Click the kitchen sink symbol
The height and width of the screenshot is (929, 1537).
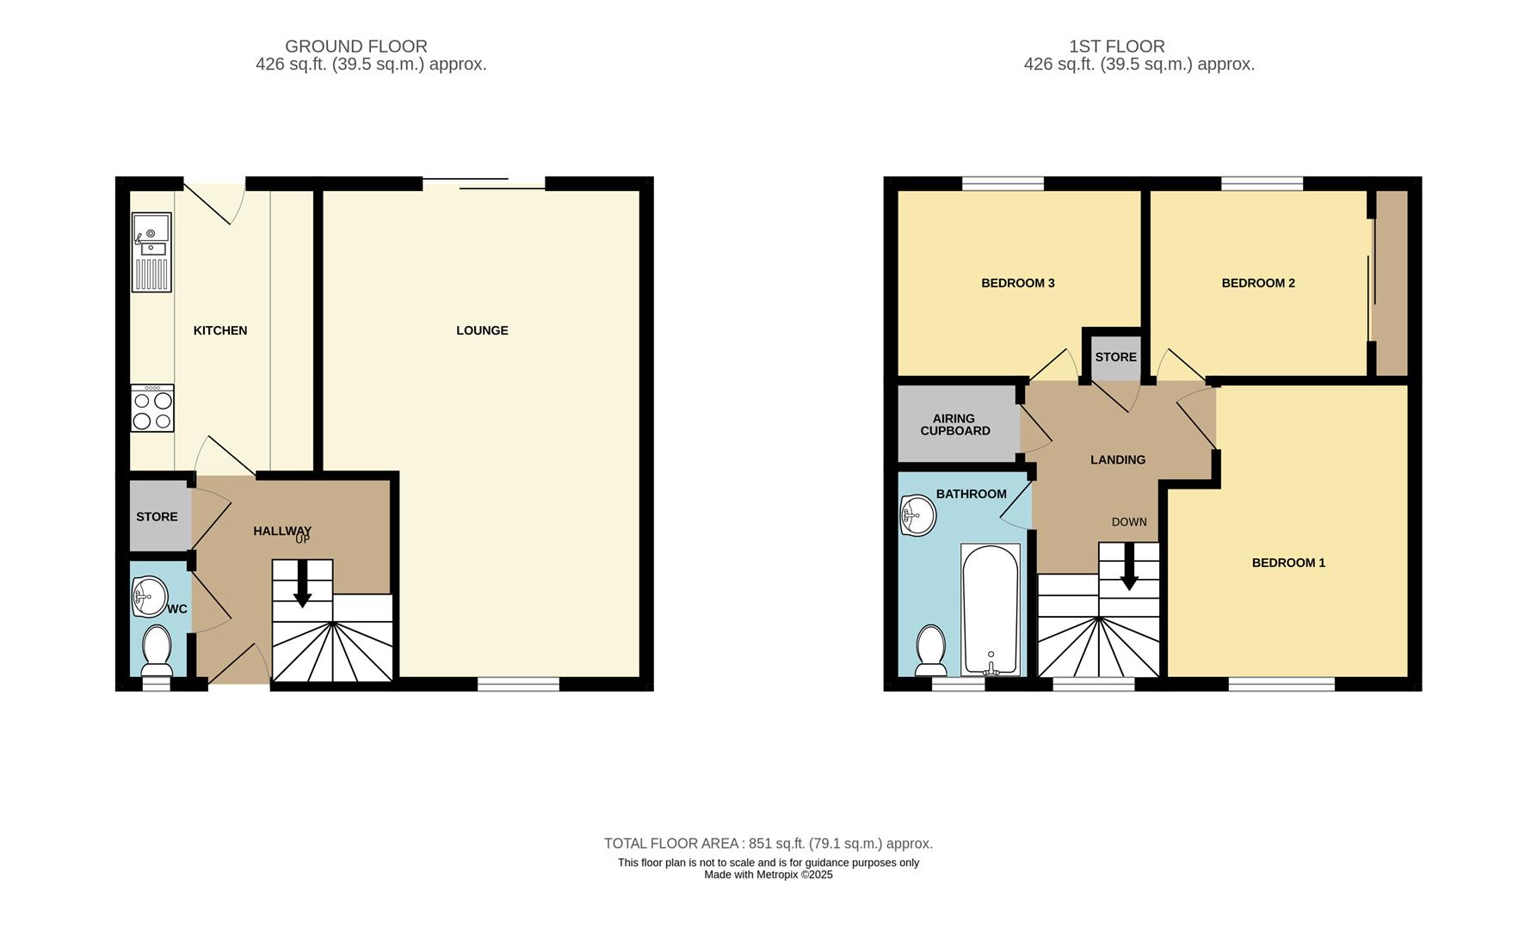tap(151, 252)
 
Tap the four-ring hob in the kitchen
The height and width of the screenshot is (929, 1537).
tap(152, 409)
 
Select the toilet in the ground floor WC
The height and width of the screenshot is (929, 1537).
tap(157, 649)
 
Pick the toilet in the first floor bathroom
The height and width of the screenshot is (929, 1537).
tap(931, 651)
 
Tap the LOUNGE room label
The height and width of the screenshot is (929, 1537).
tap(482, 330)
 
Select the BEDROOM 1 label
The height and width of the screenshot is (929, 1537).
tap(1288, 563)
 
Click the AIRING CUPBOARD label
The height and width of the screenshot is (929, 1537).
tap(954, 425)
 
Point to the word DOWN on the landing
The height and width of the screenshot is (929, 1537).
tap(1129, 522)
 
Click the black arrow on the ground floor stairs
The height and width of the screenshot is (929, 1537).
tap(302, 589)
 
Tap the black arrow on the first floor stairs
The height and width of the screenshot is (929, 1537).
tap(1129, 573)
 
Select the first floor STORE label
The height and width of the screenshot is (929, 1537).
tap(1115, 357)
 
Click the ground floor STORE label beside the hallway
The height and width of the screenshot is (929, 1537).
tap(157, 517)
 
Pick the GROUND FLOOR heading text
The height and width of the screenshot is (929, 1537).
tap(356, 46)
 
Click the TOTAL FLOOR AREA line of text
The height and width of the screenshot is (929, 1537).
tap(768, 844)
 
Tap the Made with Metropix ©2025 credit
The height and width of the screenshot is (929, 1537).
tap(768, 875)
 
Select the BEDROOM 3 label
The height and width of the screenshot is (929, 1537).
tap(1018, 283)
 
